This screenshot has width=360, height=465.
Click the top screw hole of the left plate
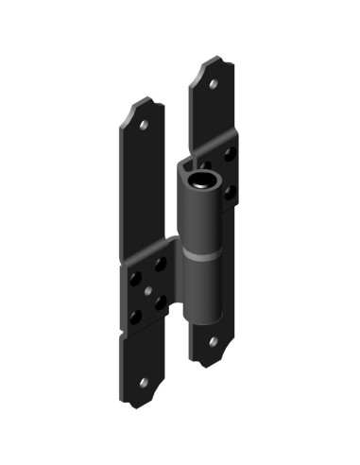click(x=145, y=124)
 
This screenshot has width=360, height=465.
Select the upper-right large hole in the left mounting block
click(x=160, y=264)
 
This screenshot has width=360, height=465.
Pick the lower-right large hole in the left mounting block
click(x=160, y=301)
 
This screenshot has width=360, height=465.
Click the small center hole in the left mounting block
click(x=149, y=289)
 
